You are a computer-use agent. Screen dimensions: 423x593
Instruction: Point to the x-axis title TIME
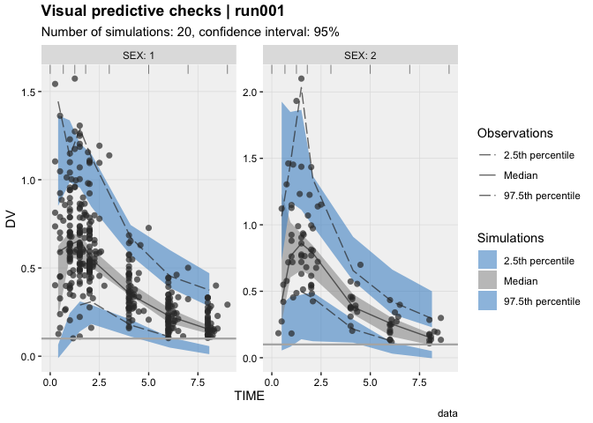tap(249, 397)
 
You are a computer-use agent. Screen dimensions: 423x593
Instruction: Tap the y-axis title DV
tap(11, 221)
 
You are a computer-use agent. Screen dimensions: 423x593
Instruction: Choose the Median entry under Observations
tap(514, 175)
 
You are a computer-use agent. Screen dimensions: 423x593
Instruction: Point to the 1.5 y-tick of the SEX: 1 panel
tap(31, 93)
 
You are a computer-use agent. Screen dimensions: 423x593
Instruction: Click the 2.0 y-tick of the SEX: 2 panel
tap(251, 93)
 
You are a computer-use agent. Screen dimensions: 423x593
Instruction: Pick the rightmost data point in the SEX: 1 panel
tap(227, 304)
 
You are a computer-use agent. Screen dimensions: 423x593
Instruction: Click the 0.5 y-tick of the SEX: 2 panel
tap(251, 292)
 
